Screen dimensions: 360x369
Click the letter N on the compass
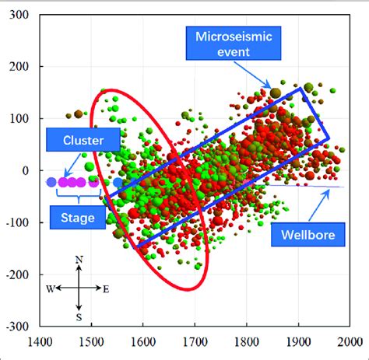pyautogui.click(x=79, y=259)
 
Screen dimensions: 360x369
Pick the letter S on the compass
pyautogui.click(x=79, y=316)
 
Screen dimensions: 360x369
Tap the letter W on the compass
pyautogui.click(x=48, y=288)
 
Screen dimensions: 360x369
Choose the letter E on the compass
pyautogui.click(x=107, y=288)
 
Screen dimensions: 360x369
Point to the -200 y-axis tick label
pyautogui.click(x=14, y=275)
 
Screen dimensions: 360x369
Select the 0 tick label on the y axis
pyautogui.click(x=22, y=170)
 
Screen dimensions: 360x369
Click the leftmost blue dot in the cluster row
pyautogui.click(x=51, y=182)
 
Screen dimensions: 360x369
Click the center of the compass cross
pyautogui.click(x=79, y=288)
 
